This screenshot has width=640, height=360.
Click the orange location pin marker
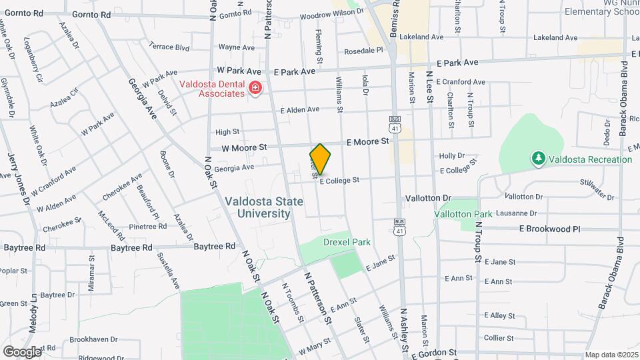[321, 159]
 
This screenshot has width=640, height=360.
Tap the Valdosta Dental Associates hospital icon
[254, 88]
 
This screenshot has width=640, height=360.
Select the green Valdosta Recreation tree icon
[538, 159]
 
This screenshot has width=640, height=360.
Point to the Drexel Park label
[347, 242]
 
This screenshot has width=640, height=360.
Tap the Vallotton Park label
[463, 214]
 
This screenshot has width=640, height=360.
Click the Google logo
[22, 351]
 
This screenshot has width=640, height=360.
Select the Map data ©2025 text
[611, 355]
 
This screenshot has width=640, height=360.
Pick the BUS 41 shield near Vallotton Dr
[399, 226]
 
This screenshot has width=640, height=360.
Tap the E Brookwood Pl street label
[549, 229]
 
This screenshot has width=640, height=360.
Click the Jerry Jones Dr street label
[19, 179]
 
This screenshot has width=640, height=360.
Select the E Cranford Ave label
[461, 82]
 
